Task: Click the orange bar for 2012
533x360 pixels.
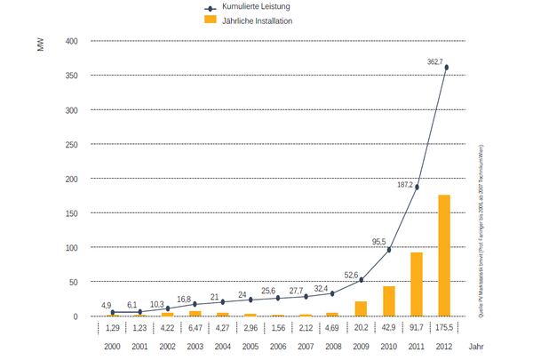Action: pos(444,255)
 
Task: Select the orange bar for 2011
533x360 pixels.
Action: pos(417,284)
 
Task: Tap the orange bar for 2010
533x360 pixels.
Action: pos(389,301)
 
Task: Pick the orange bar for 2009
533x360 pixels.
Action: pos(361,308)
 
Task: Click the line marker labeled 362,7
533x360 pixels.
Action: pos(446,68)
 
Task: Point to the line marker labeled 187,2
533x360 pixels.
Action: pos(417,187)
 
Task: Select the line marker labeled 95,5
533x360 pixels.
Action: pos(389,250)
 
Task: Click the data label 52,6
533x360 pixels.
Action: pos(353,275)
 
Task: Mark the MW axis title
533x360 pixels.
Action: pos(40,44)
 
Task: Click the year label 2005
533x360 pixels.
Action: pos(250,346)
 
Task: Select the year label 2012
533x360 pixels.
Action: pos(444,346)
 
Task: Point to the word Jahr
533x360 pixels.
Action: pos(478,346)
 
